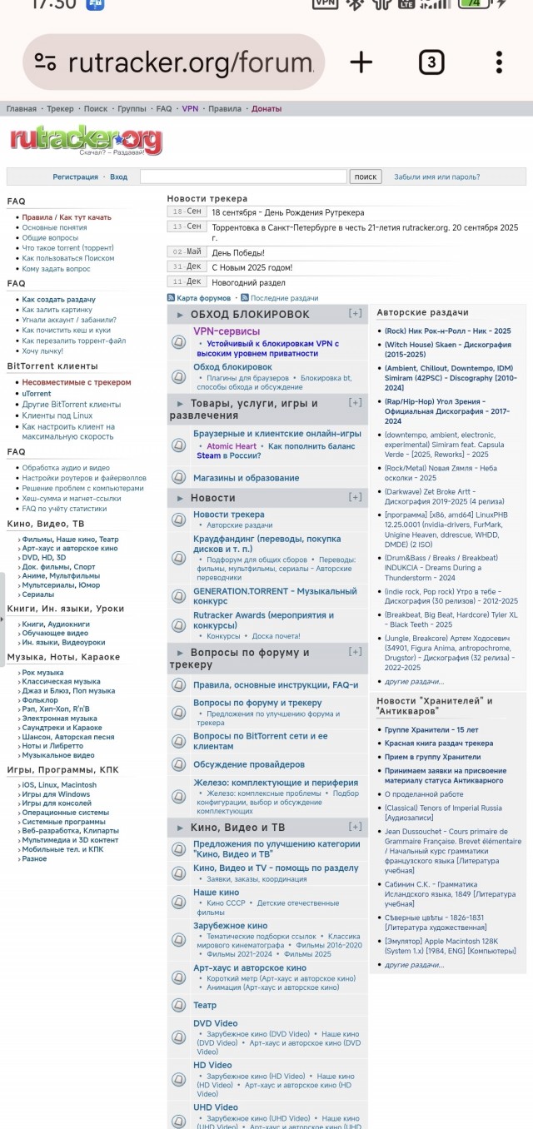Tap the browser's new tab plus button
click(x=361, y=62)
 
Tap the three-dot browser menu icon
click(x=499, y=62)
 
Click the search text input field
click(x=243, y=177)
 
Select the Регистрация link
click(x=75, y=177)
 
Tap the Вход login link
click(x=119, y=177)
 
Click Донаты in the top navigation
click(x=266, y=109)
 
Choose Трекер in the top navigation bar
click(x=60, y=109)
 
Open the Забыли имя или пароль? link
click(x=436, y=177)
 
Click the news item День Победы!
click(x=238, y=252)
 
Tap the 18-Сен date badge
click(x=187, y=212)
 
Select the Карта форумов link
click(x=203, y=298)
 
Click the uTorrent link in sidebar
click(x=37, y=394)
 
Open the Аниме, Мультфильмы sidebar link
click(x=61, y=576)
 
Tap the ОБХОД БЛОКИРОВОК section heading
click(x=249, y=314)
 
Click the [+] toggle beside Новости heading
click(x=356, y=497)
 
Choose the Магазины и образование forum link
click(x=246, y=478)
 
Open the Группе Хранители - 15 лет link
click(x=431, y=730)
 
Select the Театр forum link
click(x=205, y=1005)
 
